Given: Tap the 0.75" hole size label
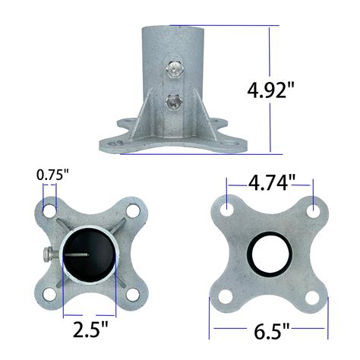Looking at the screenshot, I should click(52, 175).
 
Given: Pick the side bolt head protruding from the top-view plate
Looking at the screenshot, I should click(46, 254).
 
